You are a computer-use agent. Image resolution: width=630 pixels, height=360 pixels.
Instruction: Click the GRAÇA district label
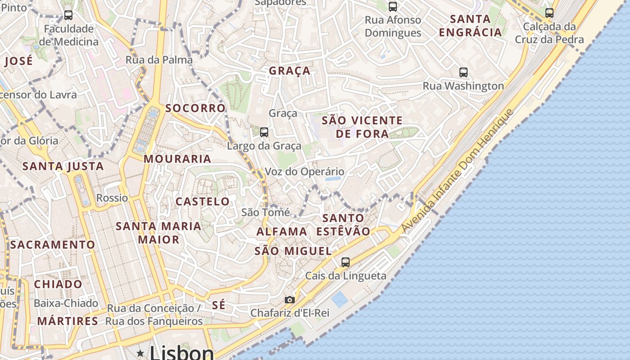(x=290, y=71)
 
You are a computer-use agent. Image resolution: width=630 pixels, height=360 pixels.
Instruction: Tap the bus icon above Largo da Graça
(x=264, y=132)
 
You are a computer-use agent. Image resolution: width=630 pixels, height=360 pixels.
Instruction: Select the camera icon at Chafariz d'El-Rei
(x=290, y=300)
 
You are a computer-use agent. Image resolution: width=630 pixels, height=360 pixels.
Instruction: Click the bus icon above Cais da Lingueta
(x=346, y=262)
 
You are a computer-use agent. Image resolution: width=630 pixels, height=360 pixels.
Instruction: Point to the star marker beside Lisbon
(x=141, y=353)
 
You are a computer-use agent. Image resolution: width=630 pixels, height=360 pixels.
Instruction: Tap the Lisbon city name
(x=182, y=353)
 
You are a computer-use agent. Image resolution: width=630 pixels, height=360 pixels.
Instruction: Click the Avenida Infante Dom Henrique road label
(x=457, y=171)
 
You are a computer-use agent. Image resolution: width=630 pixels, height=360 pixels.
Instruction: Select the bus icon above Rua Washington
(x=463, y=72)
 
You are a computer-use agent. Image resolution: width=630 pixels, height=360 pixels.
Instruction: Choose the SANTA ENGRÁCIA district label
(x=470, y=26)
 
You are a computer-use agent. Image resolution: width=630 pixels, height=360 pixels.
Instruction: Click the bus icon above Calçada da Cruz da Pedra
(x=549, y=13)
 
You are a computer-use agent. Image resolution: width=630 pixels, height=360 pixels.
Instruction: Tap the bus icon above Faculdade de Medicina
(x=68, y=15)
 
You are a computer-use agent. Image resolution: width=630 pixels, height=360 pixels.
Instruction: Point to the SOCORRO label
(x=195, y=108)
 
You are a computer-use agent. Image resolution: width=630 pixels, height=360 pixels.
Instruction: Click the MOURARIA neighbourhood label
(x=177, y=159)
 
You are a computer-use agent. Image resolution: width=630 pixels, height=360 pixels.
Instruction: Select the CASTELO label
(x=202, y=201)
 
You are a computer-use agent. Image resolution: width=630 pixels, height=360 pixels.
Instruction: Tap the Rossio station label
(x=112, y=198)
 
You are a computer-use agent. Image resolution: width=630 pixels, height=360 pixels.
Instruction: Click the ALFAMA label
(x=282, y=232)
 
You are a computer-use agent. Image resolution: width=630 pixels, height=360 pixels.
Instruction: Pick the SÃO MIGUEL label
(x=293, y=251)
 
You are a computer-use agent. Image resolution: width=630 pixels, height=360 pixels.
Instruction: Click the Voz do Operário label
(x=305, y=171)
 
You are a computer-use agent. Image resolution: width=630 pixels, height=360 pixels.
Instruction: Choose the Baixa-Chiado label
(x=66, y=303)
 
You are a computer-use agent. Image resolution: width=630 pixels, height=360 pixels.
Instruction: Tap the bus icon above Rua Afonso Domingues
(x=393, y=7)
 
